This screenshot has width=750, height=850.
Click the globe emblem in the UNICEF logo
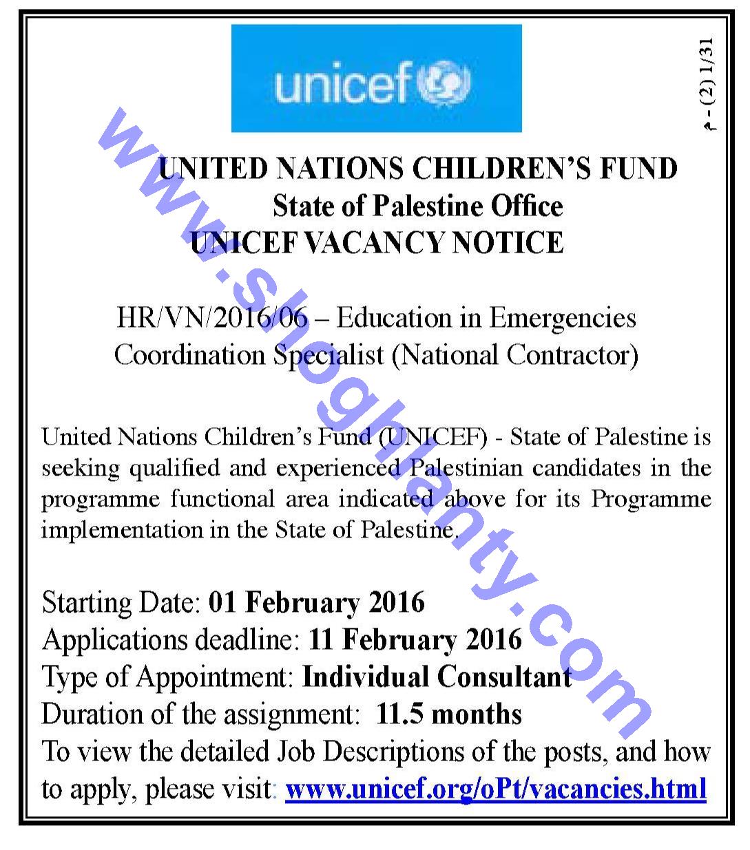coord(448,83)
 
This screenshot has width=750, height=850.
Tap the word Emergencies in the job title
coord(563,318)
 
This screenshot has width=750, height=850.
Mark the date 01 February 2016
coord(316,602)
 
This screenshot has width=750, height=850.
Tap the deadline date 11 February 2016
coord(415,640)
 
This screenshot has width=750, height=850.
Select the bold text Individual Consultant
coord(437,677)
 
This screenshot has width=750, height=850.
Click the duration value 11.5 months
coord(449,714)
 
